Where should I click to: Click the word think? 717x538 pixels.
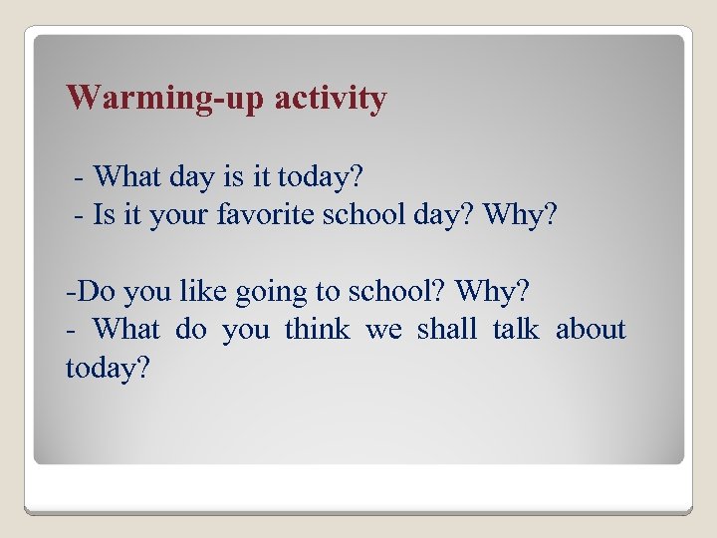click(x=317, y=330)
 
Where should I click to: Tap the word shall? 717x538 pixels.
click(x=446, y=330)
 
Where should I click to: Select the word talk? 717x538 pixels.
click(x=515, y=330)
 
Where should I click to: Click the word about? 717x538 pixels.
click(x=591, y=330)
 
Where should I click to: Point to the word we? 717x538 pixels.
click(x=383, y=330)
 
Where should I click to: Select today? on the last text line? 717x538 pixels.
click(x=107, y=368)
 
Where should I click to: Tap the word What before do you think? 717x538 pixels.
click(x=125, y=330)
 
